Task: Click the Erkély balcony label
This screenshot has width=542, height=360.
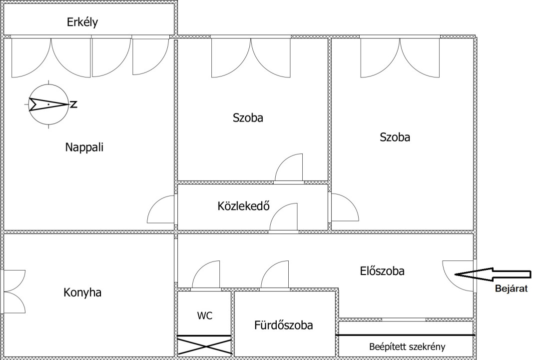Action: [82, 22]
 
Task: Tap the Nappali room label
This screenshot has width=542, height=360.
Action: [84, 147]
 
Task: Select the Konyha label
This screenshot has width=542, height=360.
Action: [82, 293]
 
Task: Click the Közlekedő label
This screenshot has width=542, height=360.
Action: [243, 206]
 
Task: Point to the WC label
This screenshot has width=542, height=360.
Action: [205, 315]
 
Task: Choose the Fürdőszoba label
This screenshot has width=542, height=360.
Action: [283, 325]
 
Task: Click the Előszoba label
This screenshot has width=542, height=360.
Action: [382, 270]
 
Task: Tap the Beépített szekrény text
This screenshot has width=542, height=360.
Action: [407, 347]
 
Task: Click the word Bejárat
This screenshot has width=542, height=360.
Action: [511, 288]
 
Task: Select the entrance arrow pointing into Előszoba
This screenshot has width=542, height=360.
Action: [493, 274]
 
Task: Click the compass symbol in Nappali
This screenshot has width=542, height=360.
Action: [48, 103]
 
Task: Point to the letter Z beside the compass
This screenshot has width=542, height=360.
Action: [73, 104]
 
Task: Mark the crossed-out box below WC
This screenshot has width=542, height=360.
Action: [204, 345]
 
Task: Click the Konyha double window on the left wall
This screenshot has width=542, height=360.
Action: [14, 291]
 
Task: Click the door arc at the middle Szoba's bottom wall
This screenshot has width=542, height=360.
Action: [282, 161]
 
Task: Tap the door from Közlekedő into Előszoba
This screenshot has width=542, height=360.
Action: [277, 211]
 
